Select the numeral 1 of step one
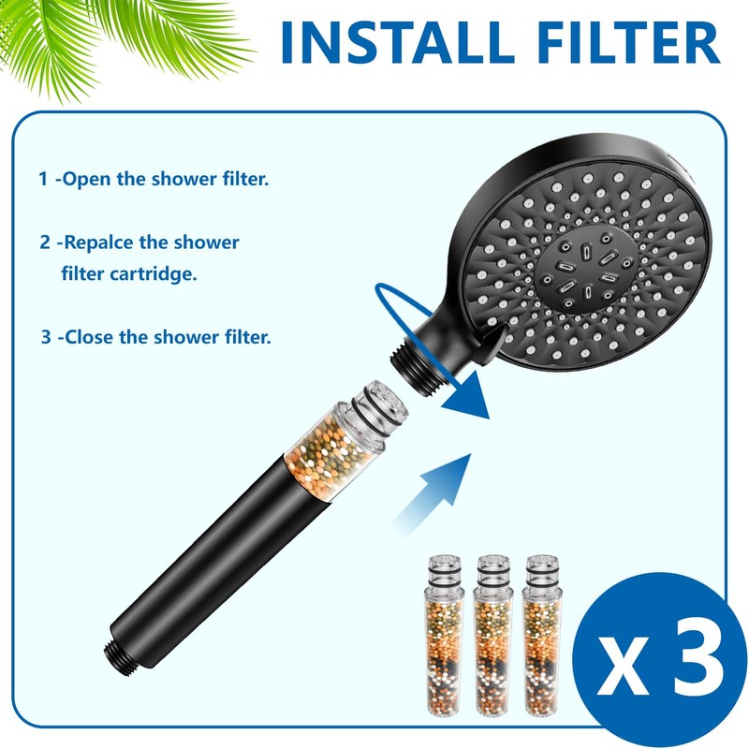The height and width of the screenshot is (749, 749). click(43, 178)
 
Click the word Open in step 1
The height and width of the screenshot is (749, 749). click(86, 178)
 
